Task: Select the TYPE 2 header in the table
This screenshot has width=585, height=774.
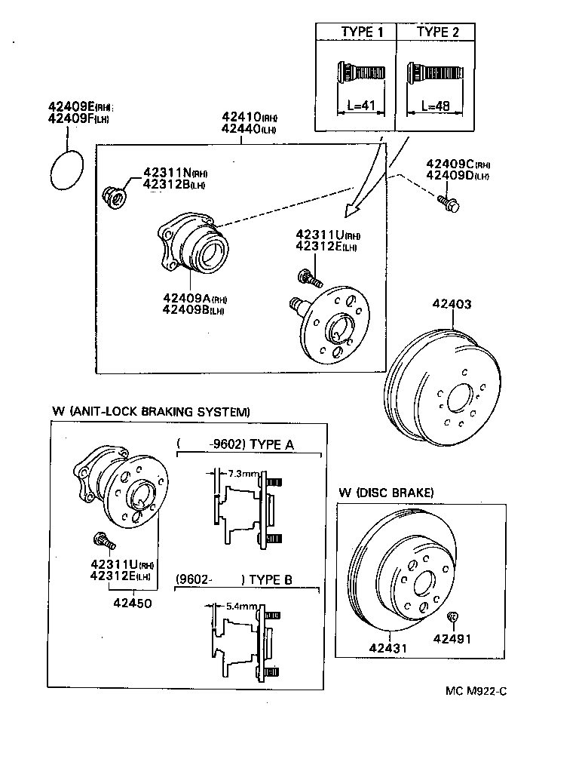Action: click(437, 32)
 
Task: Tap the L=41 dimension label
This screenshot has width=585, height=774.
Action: click(357, 106)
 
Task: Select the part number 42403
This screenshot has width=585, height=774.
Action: click(452, 304)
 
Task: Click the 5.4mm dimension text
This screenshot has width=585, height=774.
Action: click(242, 606)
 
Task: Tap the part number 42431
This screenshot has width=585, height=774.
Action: click(387, 648)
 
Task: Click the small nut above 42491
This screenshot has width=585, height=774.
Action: click(452, 618)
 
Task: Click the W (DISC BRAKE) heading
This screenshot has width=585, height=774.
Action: click(385, 493)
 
